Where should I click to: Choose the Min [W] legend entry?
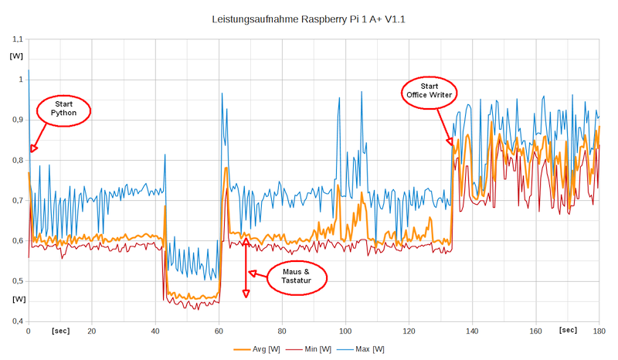(x=311, y=350)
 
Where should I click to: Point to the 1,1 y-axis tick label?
(x=18, y=39)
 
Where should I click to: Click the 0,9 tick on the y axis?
(x=18, y=120)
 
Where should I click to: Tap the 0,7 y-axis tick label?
(x=18, y=200)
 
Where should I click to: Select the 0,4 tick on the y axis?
(x=18, y=321)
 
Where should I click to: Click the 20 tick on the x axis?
(x=92, y=331)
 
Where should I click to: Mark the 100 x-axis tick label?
(x=345, y=331)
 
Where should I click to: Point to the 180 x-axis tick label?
(x=599, y=331)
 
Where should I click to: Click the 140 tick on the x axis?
(x=472, y=331)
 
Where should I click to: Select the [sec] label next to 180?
(x=568, y=331)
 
